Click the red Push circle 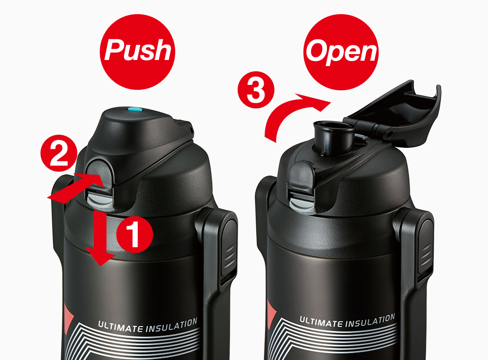(x=137, y=52)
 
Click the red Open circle (x=341, y=52)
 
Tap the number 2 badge (x=59, y=153)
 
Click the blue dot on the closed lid (x=135, y=110)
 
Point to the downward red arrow (x=100, y=236)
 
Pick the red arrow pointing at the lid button (x=75, y=189)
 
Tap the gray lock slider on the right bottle (x=303, y=203)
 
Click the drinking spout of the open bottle (x=334, y=137)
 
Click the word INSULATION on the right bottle (x=370, y=320)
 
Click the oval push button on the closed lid (x=99, y=173)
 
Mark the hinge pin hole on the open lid (x=389, y=134)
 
